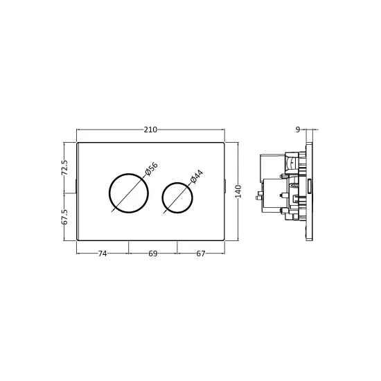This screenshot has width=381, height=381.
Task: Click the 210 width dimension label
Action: click(150, 130)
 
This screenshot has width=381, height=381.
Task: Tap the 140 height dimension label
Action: click(238, 191)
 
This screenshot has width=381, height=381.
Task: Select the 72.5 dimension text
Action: click(64, 168)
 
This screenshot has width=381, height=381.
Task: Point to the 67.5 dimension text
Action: click(64, 217)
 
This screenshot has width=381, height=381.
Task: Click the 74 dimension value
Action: click(103, 254)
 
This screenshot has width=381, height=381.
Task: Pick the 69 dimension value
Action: click(153, 254)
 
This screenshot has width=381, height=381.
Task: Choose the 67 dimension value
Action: click(201, 254)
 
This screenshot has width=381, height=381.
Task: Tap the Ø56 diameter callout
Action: click(152, 168)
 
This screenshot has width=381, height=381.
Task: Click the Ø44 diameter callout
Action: click(197, 177)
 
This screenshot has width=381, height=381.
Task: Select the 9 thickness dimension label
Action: click(298, 130)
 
